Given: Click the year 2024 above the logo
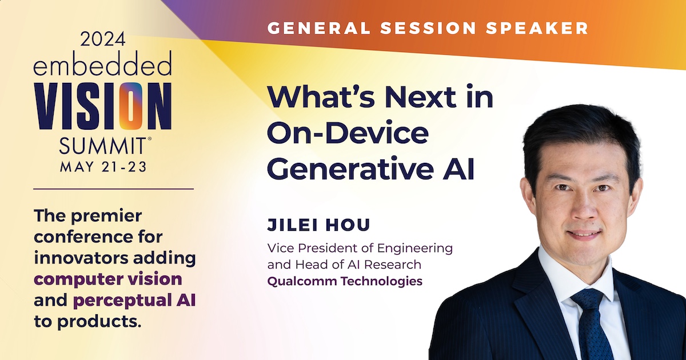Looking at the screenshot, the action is pos(103,39).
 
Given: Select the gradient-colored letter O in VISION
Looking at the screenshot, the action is pos(131,106).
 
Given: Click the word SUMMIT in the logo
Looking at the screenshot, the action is pos(102,146).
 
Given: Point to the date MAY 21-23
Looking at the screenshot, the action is pos(103,167).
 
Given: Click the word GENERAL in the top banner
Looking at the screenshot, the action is pos(319,28).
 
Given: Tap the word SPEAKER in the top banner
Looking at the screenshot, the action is pos(537,28).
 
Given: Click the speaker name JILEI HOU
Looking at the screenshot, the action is pos(319,225).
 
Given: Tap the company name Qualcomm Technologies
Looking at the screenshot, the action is pos(345,281).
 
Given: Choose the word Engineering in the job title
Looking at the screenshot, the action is pos(414,248).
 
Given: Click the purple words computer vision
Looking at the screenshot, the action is pos(108,279).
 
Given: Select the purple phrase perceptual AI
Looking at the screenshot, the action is pos(134,301).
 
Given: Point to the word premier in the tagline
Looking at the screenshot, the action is pos(106,216).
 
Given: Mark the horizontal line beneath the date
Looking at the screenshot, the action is pos(113,189).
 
